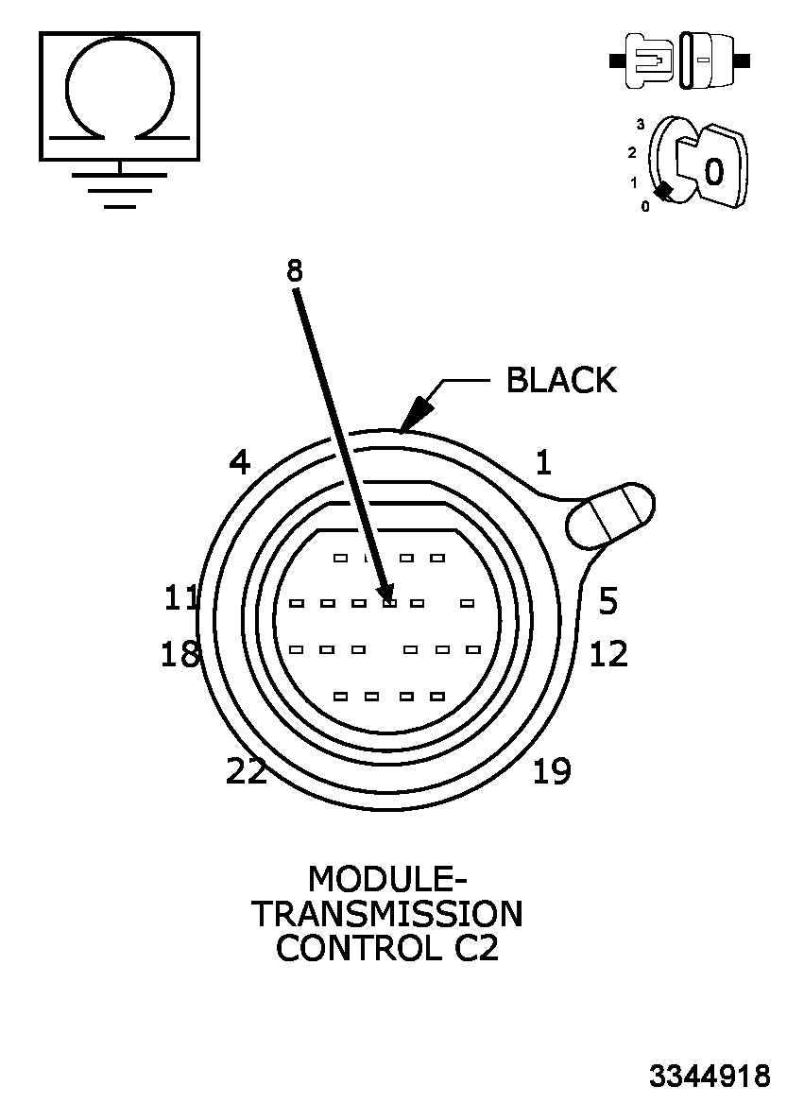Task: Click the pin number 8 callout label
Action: pyautogui.click(x=295, y=271)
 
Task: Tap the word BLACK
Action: pyautogui.click(x=561, y=380)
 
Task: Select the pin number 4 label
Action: pyautogui.click(x=240, y=463)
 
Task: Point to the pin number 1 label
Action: pyautogui.click(x=543, y=463)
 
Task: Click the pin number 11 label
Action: pyautogui.click(x=182, y=598)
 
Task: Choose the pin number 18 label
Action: pyautogui.click(x=180, y=654)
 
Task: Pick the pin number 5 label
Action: pyautogui.click(x=608, y=600)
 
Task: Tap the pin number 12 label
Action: pyautogui.click(x=608, y=654)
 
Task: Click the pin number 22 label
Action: pyautogui.click(x=247, y=772)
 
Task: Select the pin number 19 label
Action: pyautogui.click(x=552, y=772)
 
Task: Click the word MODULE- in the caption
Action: pyautogui.click(x=387, y=880)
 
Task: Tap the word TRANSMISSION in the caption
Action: pyautogui.click(x=387, y=914)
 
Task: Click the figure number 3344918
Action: pyautogui.click(x=710, y=1077)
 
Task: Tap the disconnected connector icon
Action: pyautogui.click(x=680, y=60)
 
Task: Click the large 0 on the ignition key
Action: pyautogui.click(x=714, y=171)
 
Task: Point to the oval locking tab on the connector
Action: pyautogui.click(x=610, y=515)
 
